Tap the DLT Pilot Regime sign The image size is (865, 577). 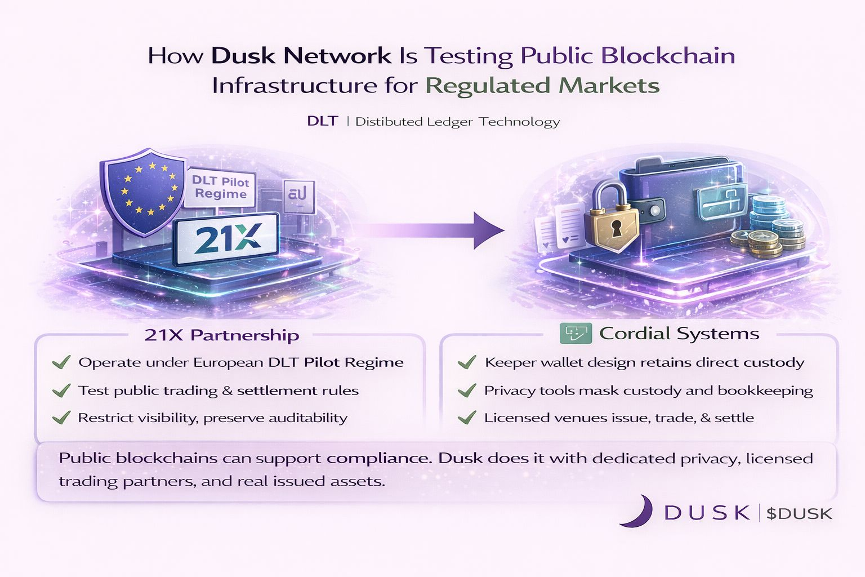click(220, 188)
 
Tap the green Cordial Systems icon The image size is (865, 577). click(576, 333)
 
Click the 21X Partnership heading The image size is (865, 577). click(221, 335)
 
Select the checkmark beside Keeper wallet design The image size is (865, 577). click(467, 362)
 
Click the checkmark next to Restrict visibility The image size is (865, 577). click(61, 418)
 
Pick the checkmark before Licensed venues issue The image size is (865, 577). click(467, 418)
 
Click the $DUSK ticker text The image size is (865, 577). click(799, 513)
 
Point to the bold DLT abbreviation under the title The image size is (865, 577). click(322, 121)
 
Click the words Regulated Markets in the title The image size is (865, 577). click(542, 86)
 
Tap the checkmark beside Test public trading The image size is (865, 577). click(61, 390)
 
